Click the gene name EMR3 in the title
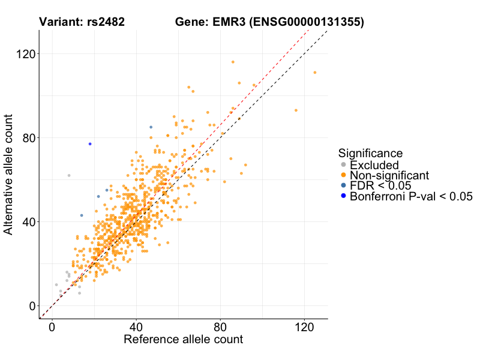coord(226,23)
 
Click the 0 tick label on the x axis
coord(52,329)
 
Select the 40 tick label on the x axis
coord(136,329)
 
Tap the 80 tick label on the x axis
coord(220,329)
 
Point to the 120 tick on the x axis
coord(304,329)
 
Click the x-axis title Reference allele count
coord(183,340)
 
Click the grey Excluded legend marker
coord(343,165)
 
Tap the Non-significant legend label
coord(389,175)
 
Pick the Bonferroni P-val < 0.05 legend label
coord(411,196)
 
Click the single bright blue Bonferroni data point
coord(90,144)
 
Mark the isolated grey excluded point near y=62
coord(69,175)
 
